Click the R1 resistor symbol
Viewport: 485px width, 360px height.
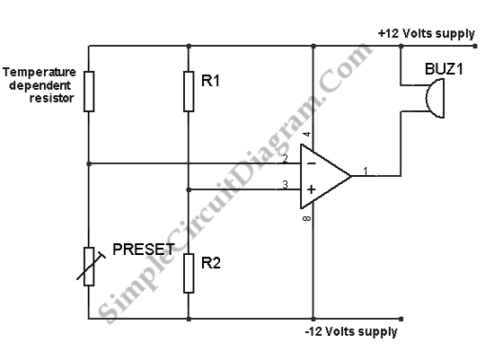[x=189, y=92]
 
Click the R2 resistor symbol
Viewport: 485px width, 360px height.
[x=189, y=273]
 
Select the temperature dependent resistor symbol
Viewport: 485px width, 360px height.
[x=89, y=92]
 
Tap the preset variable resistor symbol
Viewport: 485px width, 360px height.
[x=90, y=267]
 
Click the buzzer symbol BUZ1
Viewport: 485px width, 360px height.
[x=435, y=99]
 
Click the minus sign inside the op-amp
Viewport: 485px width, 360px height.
[x=312, y=163]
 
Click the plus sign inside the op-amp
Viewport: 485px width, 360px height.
[x=312, y=189]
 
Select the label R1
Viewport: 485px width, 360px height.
[x=210, y=81]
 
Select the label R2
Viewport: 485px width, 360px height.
[x=211, y=263]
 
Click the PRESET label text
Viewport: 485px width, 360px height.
[x=144, y=250]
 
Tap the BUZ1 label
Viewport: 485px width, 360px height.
[x=444, y=68]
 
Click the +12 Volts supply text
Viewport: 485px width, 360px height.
[x=427, y=33]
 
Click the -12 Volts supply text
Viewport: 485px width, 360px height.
[x=351, y=331]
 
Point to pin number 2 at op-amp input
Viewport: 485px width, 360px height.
[x=285, y=158]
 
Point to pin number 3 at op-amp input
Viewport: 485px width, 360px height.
[x=285, y=185]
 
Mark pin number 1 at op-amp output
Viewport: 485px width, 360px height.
[x=366, y=171]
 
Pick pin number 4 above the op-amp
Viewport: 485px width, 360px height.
[x=307, y=135]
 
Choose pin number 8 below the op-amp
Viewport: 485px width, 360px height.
[x=306, y=219]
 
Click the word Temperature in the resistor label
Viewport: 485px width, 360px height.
[x=40, y=72]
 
